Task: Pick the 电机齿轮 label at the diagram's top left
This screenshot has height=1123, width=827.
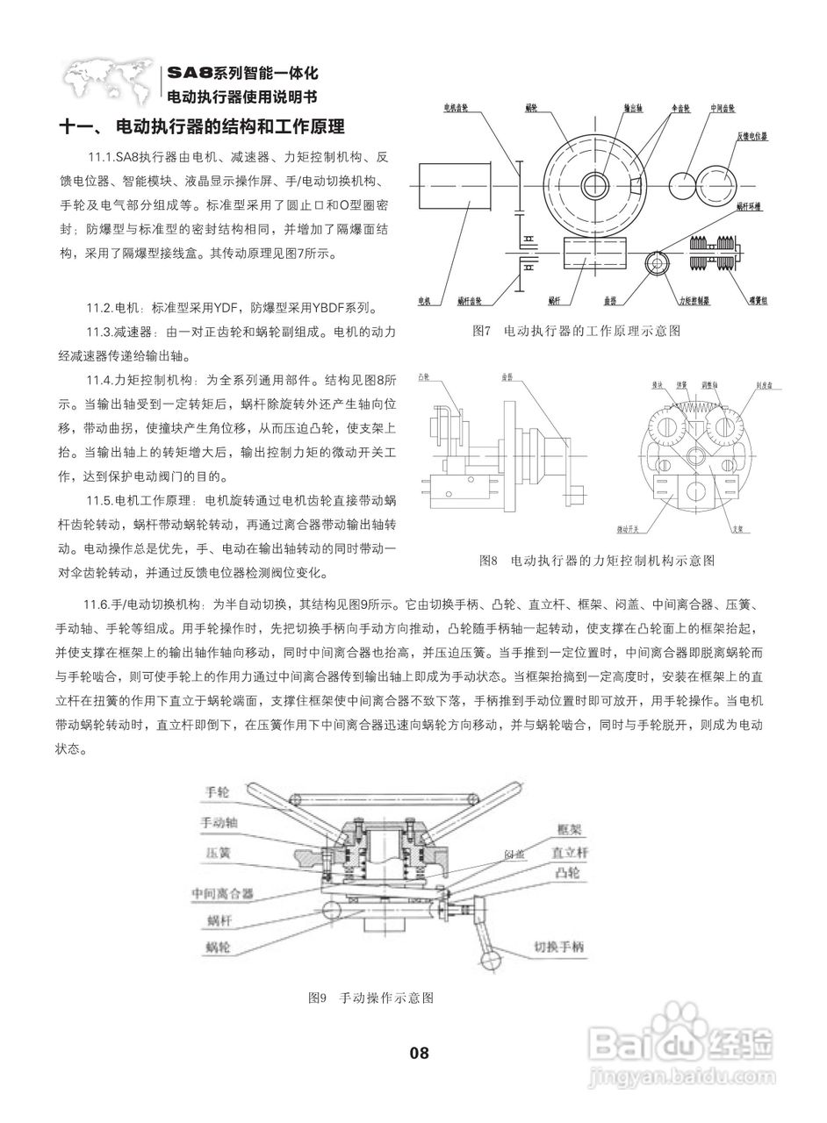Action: pos(457,109)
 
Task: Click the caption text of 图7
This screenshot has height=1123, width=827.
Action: pos(576,331)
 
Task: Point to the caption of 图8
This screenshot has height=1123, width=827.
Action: pos(597,559)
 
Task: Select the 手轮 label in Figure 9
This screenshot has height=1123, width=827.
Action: pos(217,790)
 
